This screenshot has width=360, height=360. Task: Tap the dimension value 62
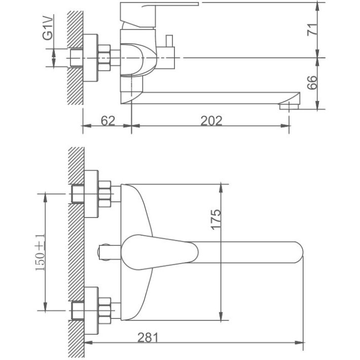click(107, 121)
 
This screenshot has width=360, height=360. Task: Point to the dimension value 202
click(211, 121)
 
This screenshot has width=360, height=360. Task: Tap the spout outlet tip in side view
click(289, 105)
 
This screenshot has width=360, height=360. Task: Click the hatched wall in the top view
click(75, 56)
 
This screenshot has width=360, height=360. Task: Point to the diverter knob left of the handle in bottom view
click(105, 251)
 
